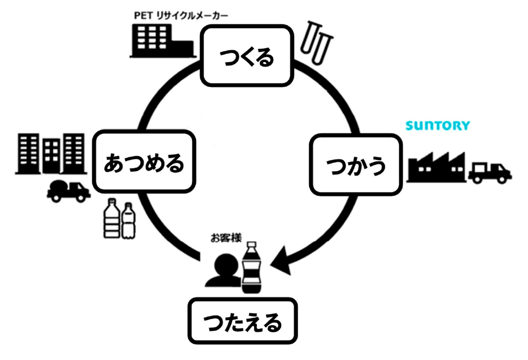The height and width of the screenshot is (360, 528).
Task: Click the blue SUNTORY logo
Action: coord(438,126)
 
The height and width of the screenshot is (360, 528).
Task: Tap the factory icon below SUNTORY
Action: coord(436,166)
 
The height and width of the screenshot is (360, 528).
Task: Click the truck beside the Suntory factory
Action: coord(489,172)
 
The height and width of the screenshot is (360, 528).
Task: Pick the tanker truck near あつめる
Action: coord(68,190)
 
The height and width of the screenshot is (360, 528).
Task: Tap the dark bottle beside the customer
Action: coord(252,267)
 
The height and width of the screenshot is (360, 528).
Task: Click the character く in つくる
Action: coord(246,57)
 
